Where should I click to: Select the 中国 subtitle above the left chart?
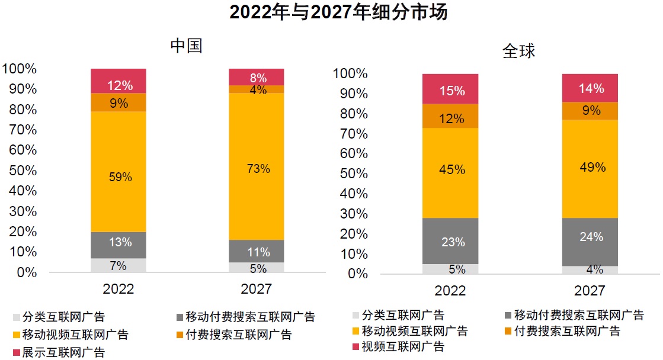tap(186, 46)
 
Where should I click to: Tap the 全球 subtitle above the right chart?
tap(518, 51)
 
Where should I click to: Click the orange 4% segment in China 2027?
tap(257, 89)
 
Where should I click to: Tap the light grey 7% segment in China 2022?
tap(118, 265)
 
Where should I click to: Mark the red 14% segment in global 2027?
tap(590, 88)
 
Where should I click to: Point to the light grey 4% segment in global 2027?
tap(590, 270)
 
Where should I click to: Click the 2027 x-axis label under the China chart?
tap(257, 289)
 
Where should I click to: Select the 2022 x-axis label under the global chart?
tap(450, 291)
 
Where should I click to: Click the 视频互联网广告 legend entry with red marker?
tap(396, 346)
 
